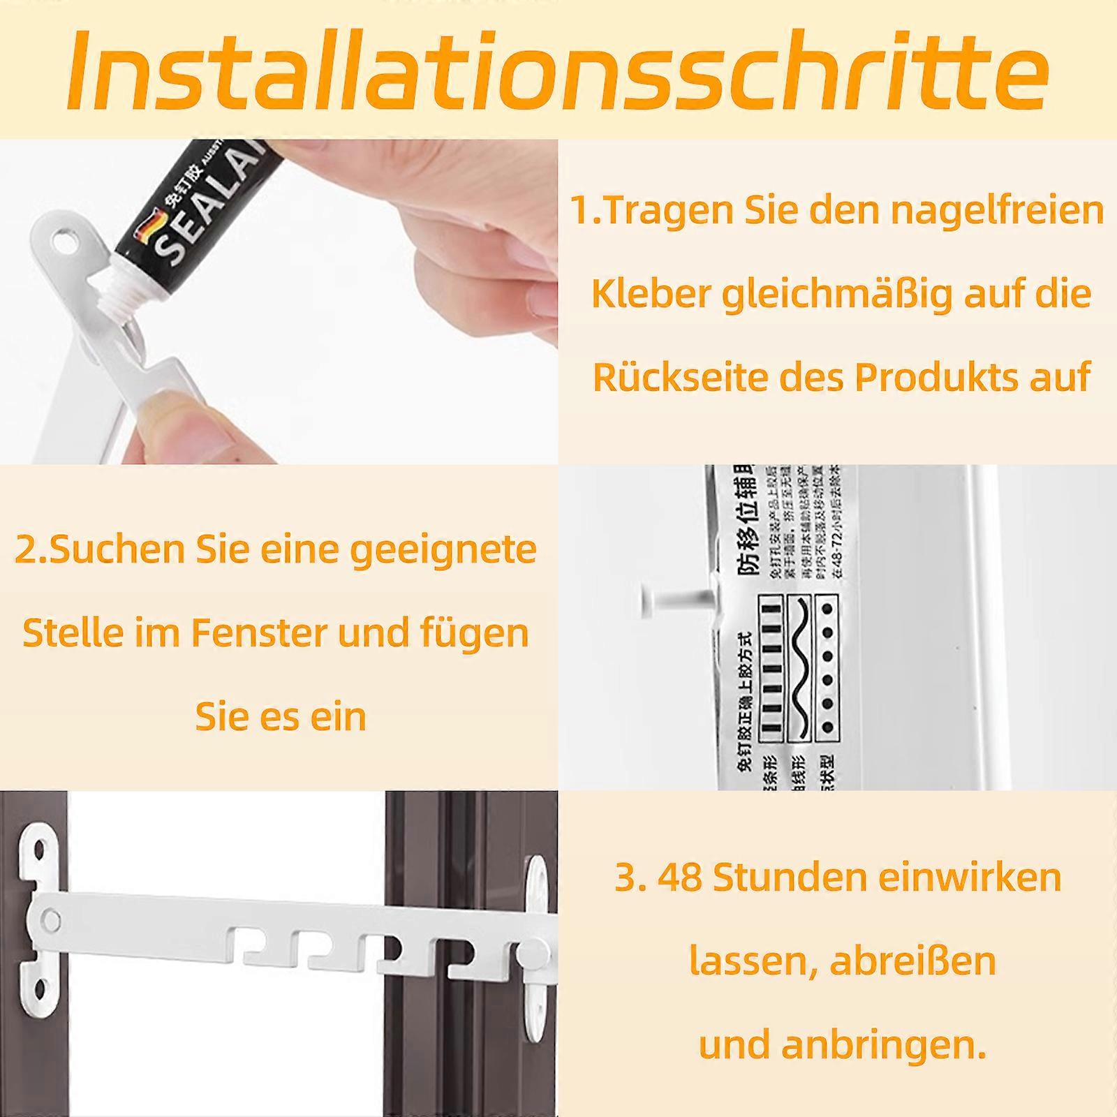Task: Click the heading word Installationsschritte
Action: [x=558, y=70]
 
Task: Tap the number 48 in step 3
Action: [x=680, y=877]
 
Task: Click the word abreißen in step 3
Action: [x=913, y=961]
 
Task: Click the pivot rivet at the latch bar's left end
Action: [x=50, y=919]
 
